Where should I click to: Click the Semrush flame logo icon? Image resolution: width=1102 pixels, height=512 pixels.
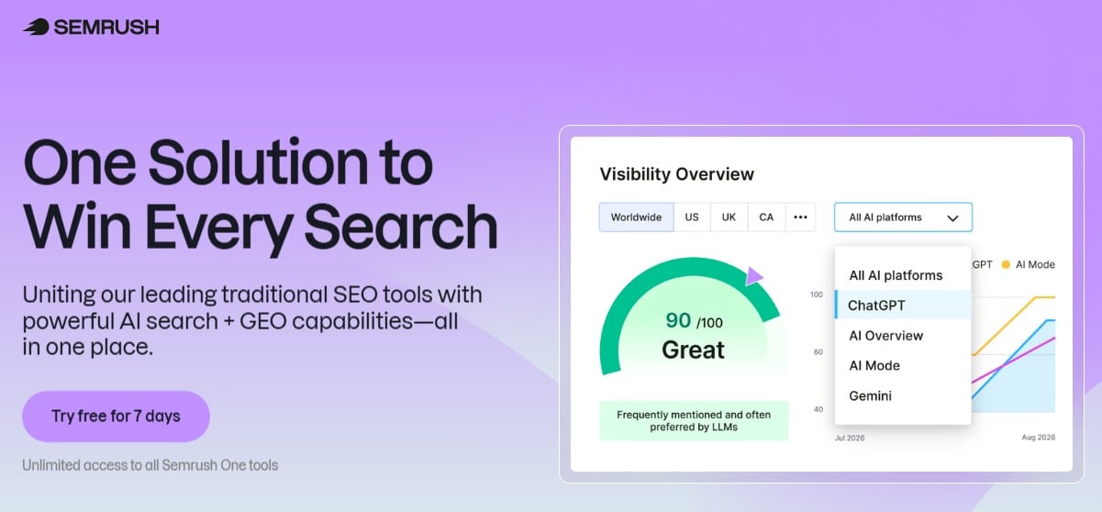36,27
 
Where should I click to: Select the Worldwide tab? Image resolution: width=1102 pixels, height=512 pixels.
636,217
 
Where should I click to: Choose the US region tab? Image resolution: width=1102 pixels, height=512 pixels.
692,217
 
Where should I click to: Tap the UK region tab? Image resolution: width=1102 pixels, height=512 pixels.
729,217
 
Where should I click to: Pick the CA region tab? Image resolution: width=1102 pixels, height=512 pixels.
766,217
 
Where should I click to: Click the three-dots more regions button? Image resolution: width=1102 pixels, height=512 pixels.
800,217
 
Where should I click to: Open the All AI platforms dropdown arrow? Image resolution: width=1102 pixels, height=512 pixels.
953,217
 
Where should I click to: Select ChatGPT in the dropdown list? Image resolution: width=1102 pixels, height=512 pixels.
876,306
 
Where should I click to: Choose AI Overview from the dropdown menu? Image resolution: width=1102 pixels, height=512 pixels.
886,336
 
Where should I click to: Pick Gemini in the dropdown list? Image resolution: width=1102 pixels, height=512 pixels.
870,395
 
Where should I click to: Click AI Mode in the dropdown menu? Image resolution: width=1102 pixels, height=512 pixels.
874,365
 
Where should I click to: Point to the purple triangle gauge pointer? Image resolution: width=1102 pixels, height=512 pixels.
753,276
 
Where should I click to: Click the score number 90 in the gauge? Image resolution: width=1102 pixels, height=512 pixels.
678,320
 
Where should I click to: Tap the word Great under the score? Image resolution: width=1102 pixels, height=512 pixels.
693,350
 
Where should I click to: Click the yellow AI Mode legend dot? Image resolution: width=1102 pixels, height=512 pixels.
1006,264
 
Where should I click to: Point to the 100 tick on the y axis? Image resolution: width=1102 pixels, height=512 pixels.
816,295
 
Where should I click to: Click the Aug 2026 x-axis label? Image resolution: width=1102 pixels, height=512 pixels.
1039,438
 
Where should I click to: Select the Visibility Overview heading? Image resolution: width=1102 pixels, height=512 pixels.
676,174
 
